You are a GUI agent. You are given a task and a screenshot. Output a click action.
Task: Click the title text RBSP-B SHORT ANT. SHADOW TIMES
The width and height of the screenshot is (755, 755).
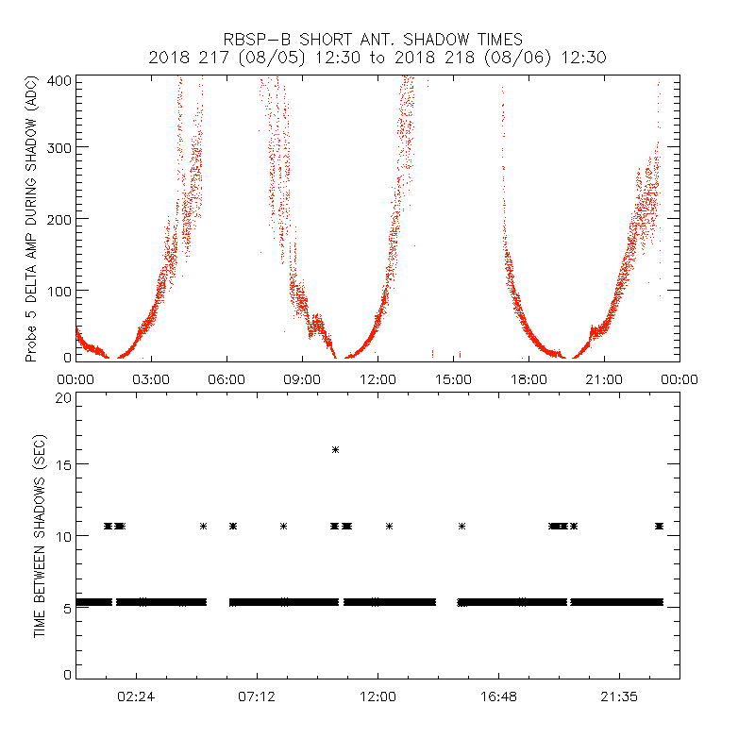373,40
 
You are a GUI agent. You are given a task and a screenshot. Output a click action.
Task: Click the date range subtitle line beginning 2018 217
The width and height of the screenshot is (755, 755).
377,57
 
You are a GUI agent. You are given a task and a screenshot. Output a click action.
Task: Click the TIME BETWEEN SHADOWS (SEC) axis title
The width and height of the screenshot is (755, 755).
40,536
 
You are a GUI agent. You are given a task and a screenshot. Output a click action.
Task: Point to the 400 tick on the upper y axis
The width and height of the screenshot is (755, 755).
60,80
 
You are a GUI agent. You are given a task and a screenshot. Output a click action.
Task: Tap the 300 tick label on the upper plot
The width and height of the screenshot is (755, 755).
60,148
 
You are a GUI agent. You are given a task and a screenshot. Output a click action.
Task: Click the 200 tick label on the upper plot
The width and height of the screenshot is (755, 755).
60,219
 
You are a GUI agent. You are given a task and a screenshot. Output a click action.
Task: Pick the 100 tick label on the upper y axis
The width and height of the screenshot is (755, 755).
60,290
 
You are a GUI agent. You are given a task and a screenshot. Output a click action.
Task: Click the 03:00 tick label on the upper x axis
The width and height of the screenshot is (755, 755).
151,379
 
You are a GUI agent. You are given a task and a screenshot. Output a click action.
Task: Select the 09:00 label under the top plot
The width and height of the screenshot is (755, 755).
302,379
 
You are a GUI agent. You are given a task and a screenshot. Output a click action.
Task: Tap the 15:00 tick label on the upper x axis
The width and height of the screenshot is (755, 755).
453,379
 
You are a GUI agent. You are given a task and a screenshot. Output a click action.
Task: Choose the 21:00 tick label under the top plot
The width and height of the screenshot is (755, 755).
604,379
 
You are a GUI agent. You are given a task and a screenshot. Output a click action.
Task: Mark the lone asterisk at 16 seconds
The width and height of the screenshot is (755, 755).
335,450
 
